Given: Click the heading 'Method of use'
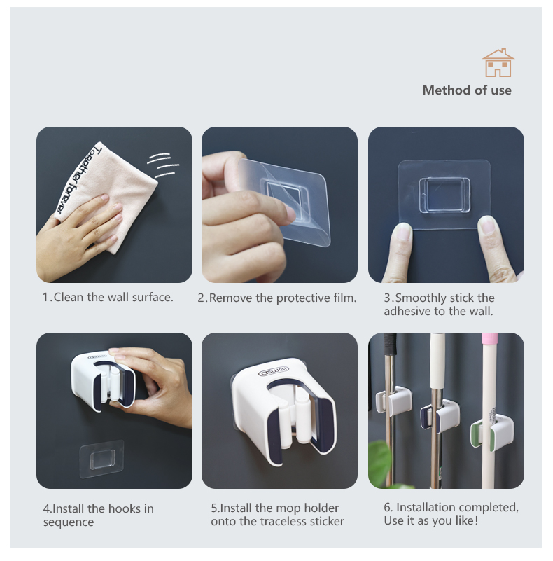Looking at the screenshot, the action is point(467,90).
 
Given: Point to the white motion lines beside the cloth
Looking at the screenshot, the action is point(164,165).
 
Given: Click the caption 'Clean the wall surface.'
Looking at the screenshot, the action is point(113,297).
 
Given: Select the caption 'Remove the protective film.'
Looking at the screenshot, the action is point(283,298).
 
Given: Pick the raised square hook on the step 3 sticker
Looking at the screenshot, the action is point(444,195).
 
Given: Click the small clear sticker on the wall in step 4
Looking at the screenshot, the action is point(101,459).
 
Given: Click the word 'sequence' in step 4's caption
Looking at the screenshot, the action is point(69,522).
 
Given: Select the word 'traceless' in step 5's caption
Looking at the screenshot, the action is point(282,521).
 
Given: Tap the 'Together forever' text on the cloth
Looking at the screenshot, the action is point(79,178).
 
